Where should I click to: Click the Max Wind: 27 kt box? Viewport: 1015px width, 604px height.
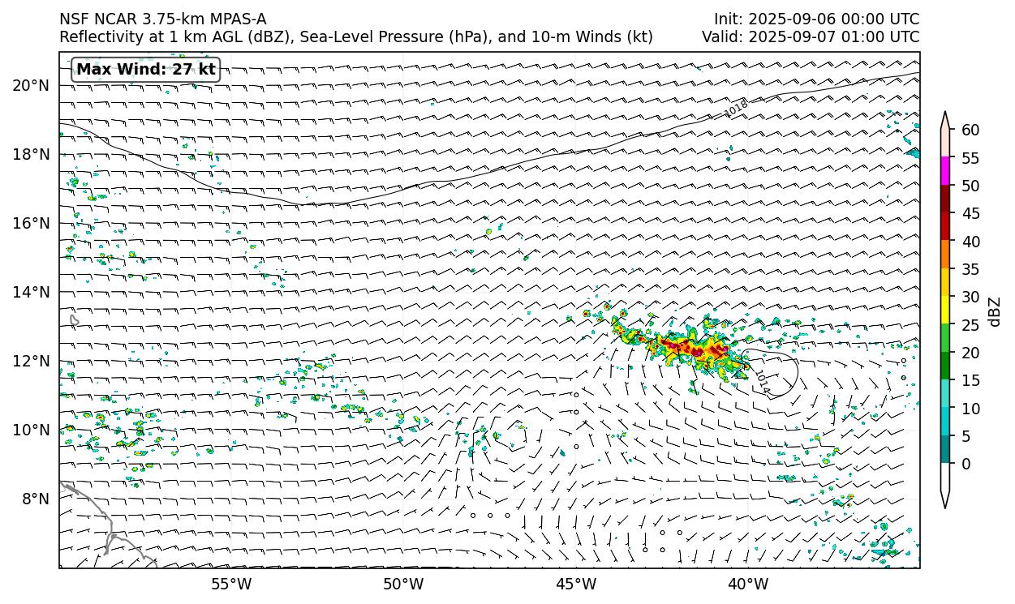pyautogui.click(x=146, y=70)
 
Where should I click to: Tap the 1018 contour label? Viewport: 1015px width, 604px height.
pyautogui.click(x=736, y=108)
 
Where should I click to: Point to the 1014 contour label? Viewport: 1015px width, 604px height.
pyautogui.click(x=761, y=382)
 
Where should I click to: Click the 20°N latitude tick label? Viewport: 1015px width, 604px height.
pyautogui.click(x=32, y=85)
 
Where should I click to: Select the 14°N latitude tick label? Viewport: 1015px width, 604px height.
pyautogui.click(x=32, y=292)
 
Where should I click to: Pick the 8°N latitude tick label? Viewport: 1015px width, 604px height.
pyautogui.click(x=36, y=499)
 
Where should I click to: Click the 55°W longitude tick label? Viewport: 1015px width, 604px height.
pyautogui.click(x=231, y=584)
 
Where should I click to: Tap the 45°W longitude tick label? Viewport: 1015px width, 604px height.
pyautogui.click(x=576, y=584)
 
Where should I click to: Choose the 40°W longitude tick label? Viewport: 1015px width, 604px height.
pyautogui.click(x=748, y=584)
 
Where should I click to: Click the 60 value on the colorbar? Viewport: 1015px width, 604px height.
pyautogui.click(x=970, y=131)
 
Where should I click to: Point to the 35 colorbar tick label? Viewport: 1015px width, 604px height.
pyautogui.click(x=970, y=270)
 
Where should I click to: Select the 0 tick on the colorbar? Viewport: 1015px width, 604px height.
pyautogui.click(x=966, y=465)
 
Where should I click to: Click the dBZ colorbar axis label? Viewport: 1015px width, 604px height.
pyautogui.click(x=996, y=312)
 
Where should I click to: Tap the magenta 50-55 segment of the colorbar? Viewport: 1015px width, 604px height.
pyautogui.click(x=945, y=172)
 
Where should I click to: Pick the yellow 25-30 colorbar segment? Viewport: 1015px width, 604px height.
pyautogui.click(x=945, y=311)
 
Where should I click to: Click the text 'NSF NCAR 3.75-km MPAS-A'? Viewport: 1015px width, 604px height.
pyautogui.click(x=162, y=19)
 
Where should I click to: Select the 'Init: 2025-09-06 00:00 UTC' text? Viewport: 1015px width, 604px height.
pyautogui.click(x=816, y=19)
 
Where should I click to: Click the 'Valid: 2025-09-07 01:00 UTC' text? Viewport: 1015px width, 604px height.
pyautogui.click(x=811, y=37)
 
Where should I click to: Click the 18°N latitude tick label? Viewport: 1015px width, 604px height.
pyautogui.click(x=32, y=154)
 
